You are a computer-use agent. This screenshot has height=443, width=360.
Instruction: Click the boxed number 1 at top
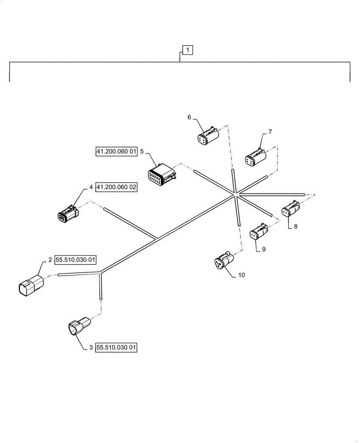pos(188,50)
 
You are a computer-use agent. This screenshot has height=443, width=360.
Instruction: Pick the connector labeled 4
pos(67,213)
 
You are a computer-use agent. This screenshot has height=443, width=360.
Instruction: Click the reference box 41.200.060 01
pos(117,152)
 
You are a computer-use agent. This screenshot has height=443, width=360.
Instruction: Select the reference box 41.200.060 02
pos(116,187)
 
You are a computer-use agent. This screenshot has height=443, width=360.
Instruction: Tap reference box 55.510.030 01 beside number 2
pos(75,260)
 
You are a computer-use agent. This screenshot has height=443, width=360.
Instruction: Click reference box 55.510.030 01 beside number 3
pos(116,348)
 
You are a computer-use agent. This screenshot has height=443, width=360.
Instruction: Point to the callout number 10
pos(241,275)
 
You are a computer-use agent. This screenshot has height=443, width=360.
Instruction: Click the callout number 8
pos(295,226)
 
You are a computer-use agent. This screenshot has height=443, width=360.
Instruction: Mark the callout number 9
pos(263,249)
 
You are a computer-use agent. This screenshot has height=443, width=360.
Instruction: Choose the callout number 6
pos(189,117)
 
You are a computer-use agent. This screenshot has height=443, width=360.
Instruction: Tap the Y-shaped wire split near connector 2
pos(101,273)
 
